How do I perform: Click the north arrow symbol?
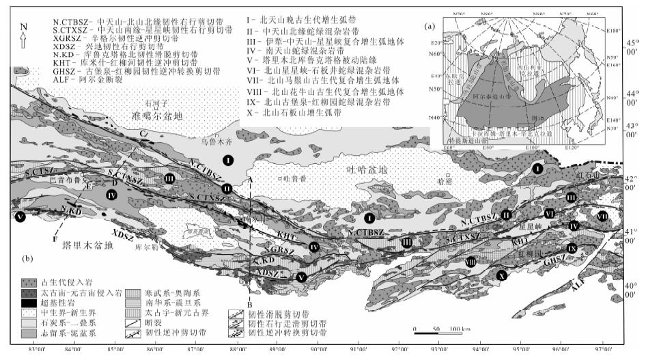click(24, 36)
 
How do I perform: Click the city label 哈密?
click(445, 180)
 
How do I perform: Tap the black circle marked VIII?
click(470, 260)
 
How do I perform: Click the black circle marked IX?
click(573, 247)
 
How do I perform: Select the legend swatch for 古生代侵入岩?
click(34, 280)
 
